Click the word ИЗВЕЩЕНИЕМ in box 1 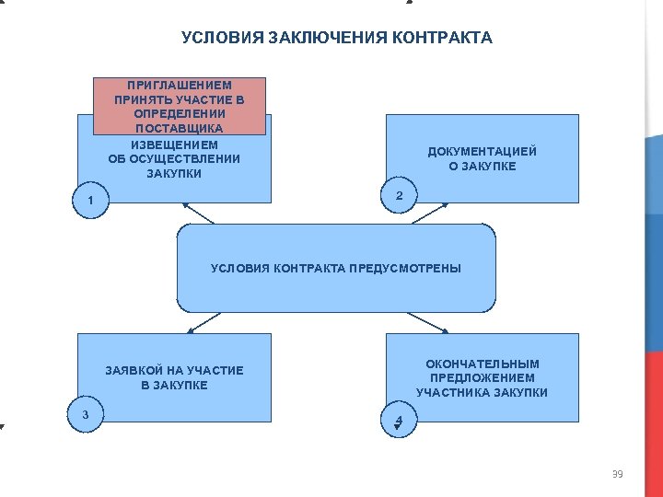pyautogui.click(x=174, y=144)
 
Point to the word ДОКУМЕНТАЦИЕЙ pyautogui.click(x=482, y=152)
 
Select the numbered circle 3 pyautogui.click(x=86, y=414)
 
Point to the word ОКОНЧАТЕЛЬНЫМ pyautogui.click(x=482, y=364)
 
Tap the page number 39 pyautogui.click(x=617, y=474)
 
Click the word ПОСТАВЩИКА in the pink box pyautogui.click(x=180, y=129)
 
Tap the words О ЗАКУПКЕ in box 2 pyautogui.click(x=482, y=167)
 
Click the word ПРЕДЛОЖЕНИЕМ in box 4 pyautogui.click(x=482, y=378)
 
